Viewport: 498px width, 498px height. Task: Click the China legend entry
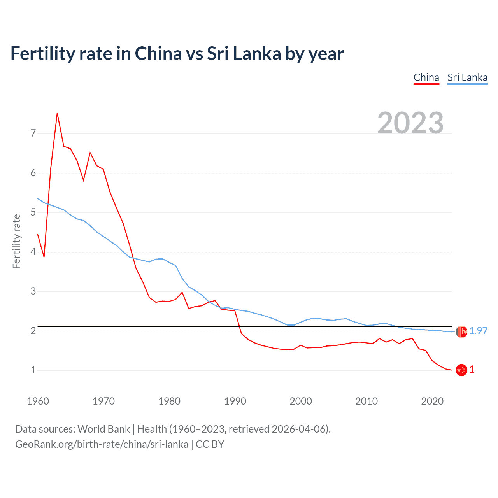tap(426, 77)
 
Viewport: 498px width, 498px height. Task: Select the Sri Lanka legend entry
tap(467, 77)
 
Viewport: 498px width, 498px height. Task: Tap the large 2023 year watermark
tap(410, 123)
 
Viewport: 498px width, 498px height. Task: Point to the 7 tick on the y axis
tap(33, 133)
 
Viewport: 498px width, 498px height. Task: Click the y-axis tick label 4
tap(33, 252)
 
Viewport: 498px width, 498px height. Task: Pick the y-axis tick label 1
tap(33, 370)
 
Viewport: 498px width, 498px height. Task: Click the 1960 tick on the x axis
tap(38, 401)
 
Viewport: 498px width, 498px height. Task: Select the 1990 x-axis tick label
tap(235, 401)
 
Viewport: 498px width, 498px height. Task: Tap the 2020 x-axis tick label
tap(432, 401)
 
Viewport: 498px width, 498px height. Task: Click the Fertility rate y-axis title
tap(16, 241)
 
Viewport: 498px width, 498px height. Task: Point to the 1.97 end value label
tap(478, 331)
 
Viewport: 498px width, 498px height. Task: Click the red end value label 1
tap(472, 370)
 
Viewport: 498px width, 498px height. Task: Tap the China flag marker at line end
tap(461, 370)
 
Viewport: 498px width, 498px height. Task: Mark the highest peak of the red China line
tap(57, 113)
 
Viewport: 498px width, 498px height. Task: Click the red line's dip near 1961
tap(44, 257)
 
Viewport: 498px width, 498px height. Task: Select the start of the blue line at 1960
tap(38, 198)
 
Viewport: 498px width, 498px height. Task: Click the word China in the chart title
tap(158, 53)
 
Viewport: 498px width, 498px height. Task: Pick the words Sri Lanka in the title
tap(244, 53)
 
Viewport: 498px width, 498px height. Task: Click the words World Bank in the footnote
tap(103, 429)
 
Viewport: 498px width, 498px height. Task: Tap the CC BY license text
tap(210, 444)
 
